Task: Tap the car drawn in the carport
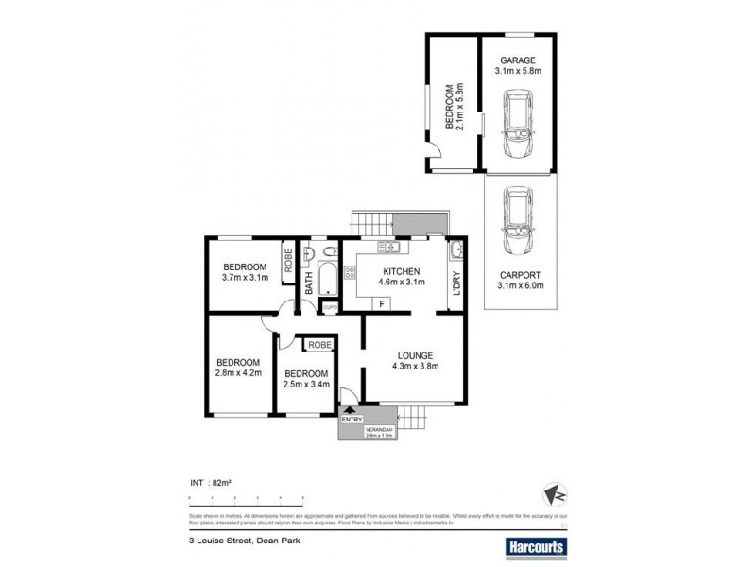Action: [x=517, y=222]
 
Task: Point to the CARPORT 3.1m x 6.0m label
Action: [x=521, y=281]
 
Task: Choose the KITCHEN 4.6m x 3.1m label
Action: [x=394, y=276]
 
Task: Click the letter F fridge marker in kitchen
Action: [x=381, y=303]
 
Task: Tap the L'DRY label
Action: [x=455, y=283]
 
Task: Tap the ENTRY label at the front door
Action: [x=352, y=420]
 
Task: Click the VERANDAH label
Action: [x=378, y=432]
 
